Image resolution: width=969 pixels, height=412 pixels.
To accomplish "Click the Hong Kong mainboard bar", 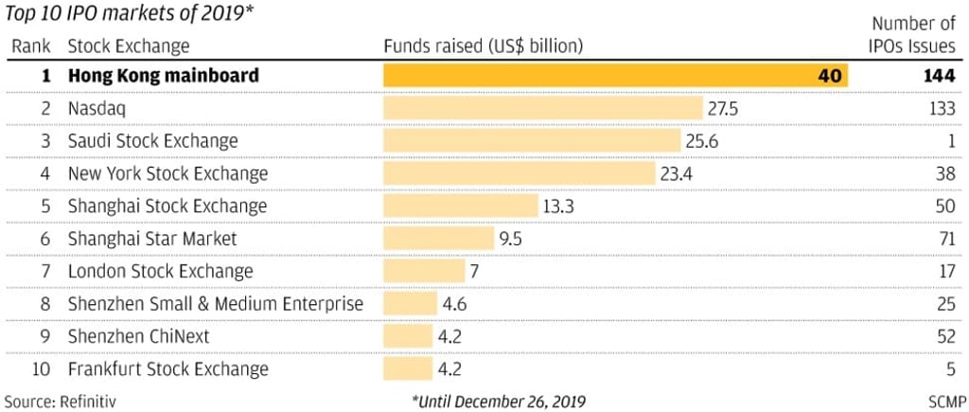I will (615, 76).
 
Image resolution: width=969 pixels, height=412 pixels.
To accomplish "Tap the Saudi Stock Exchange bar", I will (532, 141).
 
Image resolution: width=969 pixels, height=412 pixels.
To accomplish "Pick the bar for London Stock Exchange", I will (425, 272).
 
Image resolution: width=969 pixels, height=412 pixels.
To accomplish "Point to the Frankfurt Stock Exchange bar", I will (408, 369).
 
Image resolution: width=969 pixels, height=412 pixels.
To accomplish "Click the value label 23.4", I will (678, 174).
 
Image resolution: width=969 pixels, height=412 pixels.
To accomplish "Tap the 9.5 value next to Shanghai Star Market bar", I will (511, 239).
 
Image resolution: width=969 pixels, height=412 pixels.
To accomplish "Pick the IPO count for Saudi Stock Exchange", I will (949, 141).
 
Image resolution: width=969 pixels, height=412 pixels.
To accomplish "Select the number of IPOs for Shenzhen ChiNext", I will (943, 337).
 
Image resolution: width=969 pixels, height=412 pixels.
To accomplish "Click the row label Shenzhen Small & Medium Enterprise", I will (215, 305).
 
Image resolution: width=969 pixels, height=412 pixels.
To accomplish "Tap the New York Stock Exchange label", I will (167, 174).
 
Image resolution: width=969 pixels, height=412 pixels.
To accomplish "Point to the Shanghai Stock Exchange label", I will (167, 206).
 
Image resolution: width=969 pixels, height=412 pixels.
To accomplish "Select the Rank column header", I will (30, 45).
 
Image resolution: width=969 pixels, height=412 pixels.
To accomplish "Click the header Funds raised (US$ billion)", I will (483, 45).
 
